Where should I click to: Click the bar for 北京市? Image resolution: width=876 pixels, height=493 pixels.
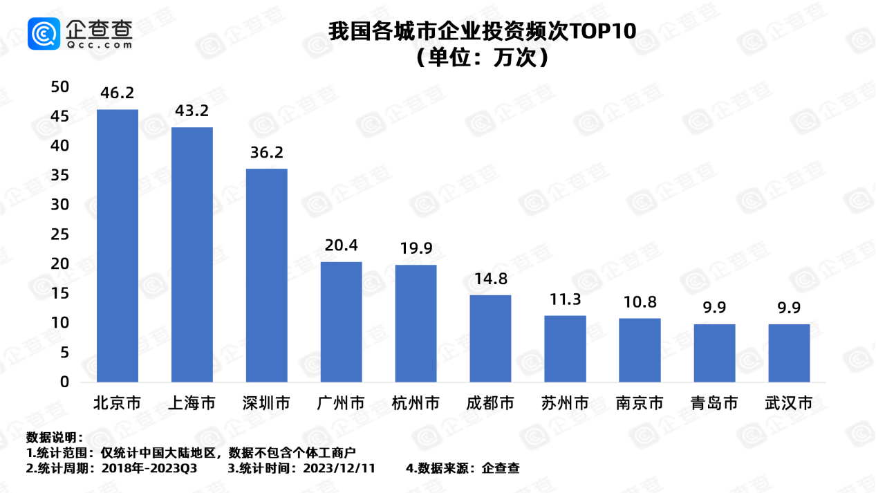tap(117, 245)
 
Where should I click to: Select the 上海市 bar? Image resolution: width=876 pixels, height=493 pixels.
tap(192, 254)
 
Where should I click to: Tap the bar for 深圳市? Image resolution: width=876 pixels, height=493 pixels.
tap(266, 275)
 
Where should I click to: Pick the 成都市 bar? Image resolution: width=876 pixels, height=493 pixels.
tap(490, 338)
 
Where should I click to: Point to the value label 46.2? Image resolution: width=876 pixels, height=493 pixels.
tap(117, 93)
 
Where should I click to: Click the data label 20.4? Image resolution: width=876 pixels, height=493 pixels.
tap(341, 245)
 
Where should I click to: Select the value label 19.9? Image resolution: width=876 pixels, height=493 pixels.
tap(416, 248)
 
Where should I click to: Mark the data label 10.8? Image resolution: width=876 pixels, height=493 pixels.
tap(640, 302)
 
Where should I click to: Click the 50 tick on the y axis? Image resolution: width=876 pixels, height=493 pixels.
tap(60, 87)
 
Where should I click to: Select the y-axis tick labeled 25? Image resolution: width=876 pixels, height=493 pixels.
tap(60, 234)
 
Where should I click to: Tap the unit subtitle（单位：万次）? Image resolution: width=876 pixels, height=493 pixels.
tap(481, 57)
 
